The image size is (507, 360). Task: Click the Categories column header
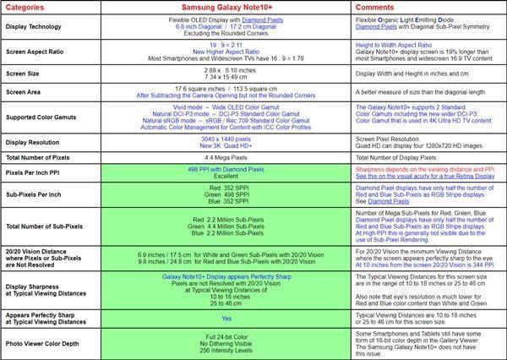31,8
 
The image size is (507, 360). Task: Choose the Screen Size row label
24,78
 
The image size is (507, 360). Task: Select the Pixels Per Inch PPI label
37,172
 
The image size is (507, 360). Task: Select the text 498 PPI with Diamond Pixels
225,169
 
